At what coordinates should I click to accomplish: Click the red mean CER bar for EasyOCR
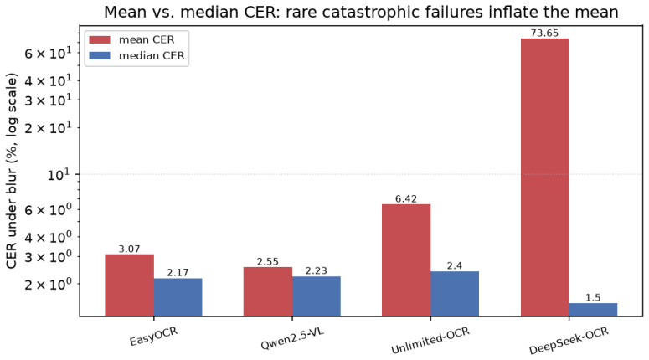pos(129,285)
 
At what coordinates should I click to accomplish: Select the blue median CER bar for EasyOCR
pos(178,297)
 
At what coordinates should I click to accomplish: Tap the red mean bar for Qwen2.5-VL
pos(268,291)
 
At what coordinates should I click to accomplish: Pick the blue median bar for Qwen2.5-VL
pos(317,296)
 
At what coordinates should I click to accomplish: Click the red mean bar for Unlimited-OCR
pos(406,260)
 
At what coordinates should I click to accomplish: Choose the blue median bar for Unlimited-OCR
pos(455,294)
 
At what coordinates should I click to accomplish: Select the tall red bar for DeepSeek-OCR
pos(544,177)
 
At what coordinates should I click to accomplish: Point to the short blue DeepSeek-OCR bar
pos(593,310)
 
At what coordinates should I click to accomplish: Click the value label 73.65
pos(544,33)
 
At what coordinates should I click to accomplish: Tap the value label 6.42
pos(406,198)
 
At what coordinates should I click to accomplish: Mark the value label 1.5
pos(593,297)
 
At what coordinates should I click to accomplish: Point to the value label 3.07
pos(129,249)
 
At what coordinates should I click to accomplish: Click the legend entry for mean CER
pos(132,39)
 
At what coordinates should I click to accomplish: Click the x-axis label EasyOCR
pos(153,336)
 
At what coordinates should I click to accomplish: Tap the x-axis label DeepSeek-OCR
pos(569,341)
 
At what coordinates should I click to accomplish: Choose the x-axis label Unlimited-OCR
pos(430,341)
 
